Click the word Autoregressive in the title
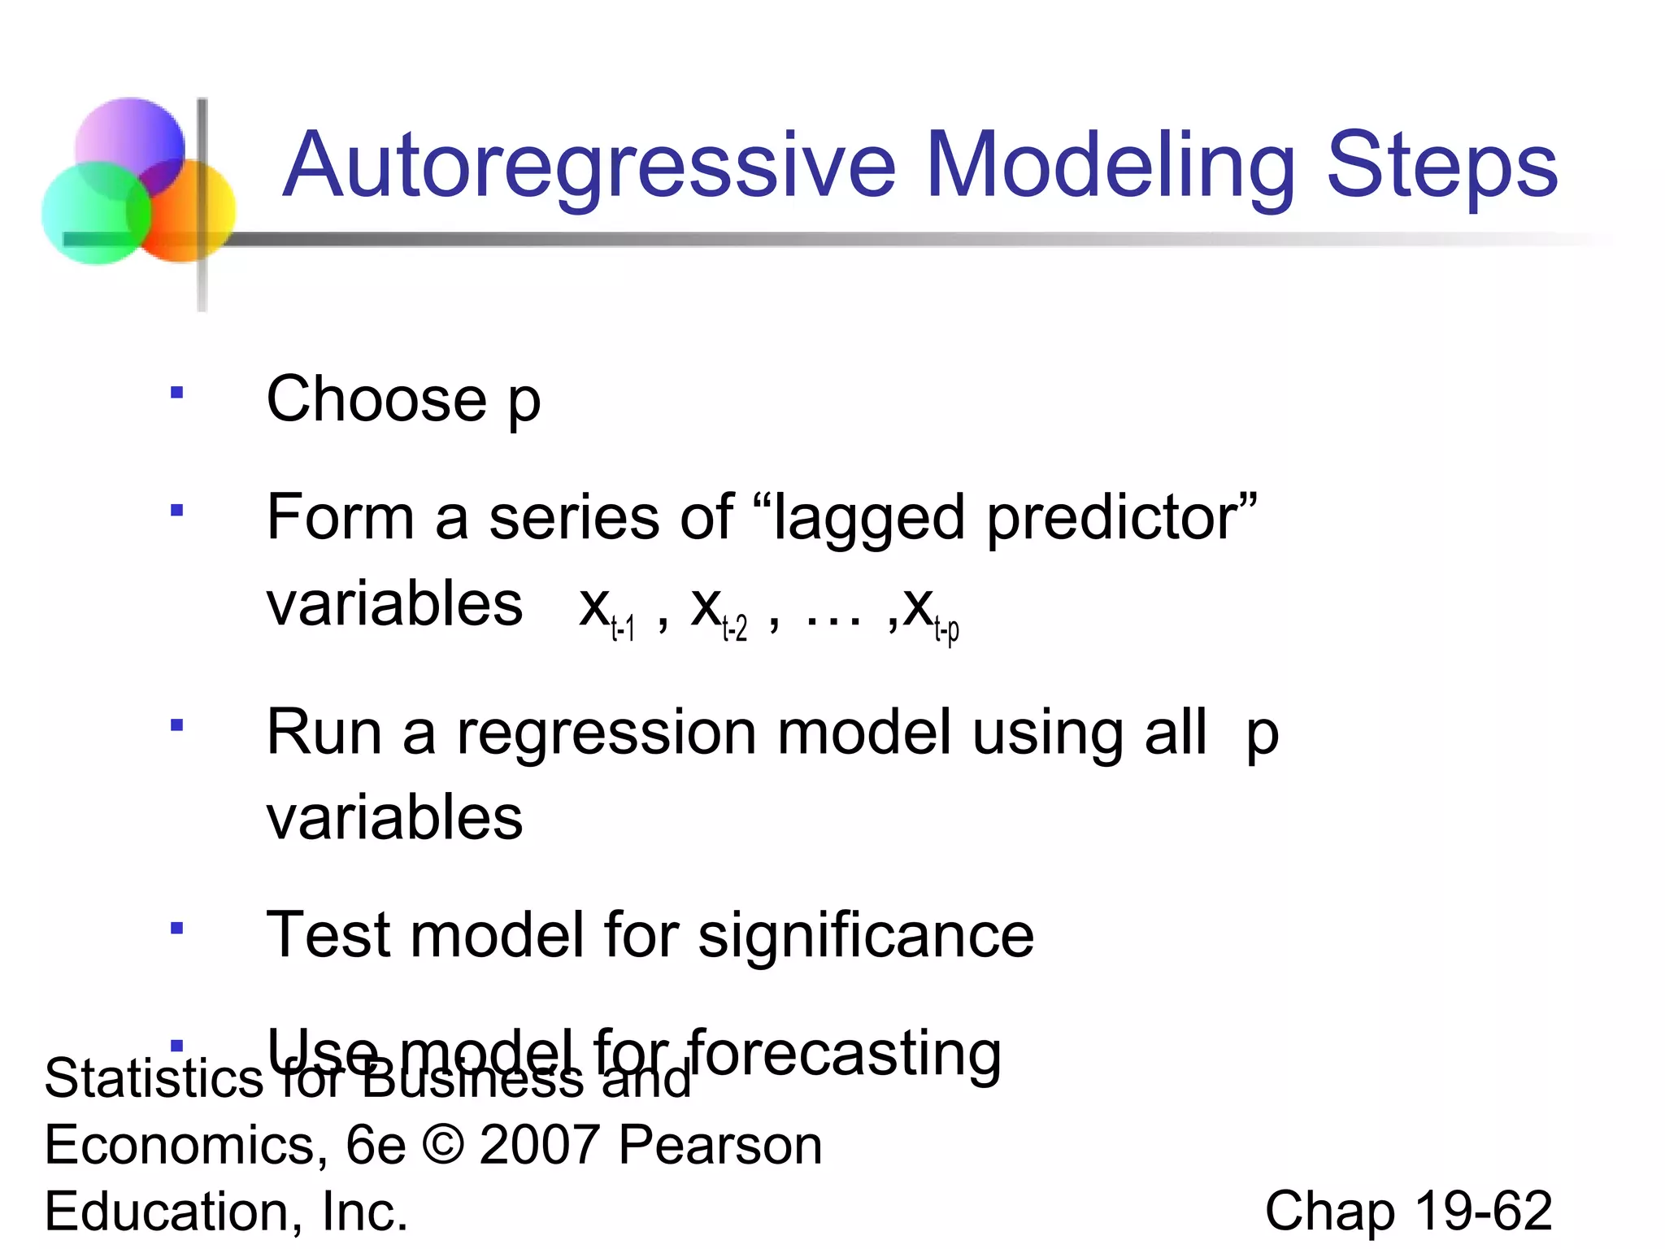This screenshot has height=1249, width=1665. [589, 167]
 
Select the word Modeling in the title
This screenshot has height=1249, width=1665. [1110, 167]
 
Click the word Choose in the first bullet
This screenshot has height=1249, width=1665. [376, 399]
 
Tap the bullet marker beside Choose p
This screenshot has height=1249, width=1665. [176, 394]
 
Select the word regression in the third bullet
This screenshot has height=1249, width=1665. [606, 733]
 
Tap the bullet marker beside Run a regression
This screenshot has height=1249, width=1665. [176, 725]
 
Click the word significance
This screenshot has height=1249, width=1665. [866, 935]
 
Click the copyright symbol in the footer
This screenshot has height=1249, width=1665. [444, 1145]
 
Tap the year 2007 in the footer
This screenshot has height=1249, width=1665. [540, 1145]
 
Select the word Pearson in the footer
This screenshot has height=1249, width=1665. [720, 1145]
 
